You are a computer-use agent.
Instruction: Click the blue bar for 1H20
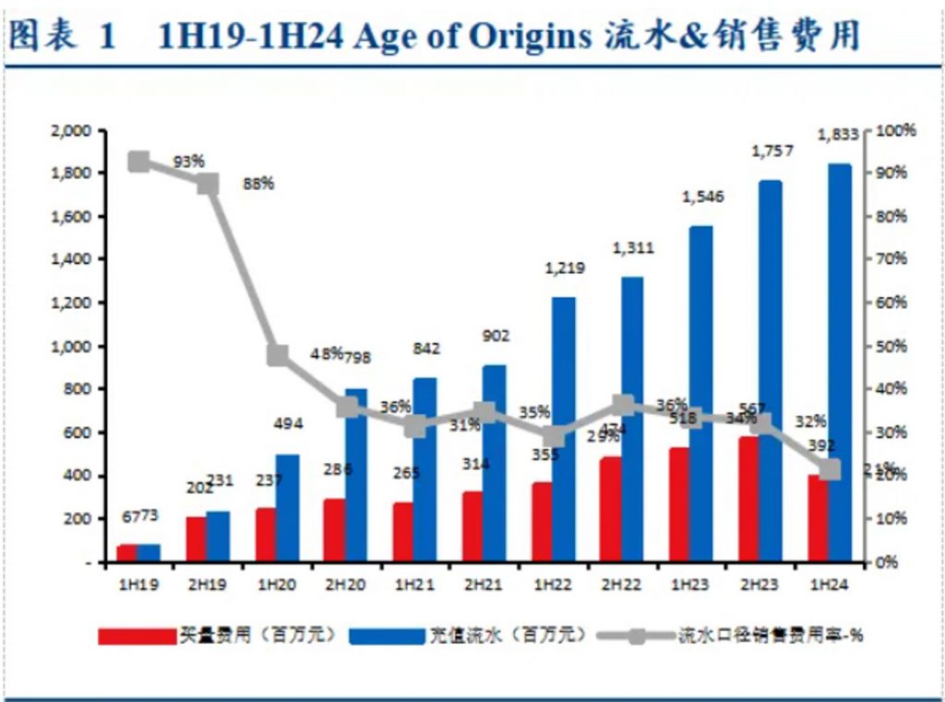287,507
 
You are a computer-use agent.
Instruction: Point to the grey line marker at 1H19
138,162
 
